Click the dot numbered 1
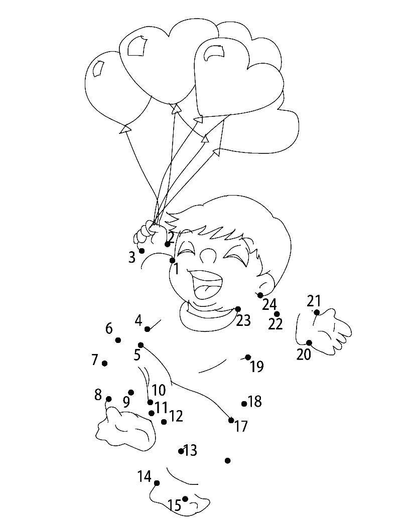point(172,260)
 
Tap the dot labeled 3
point(142,251)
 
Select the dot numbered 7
point(104,364)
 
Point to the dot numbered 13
point(181,451)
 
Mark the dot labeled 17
point(231,420)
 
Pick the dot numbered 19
point(248,358)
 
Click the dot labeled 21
point(317,312)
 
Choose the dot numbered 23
point(238,309)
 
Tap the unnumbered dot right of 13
point(228,460)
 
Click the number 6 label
point(109,328)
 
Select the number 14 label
point(145,476)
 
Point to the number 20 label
point(304,354)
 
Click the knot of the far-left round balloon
point(125,129)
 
